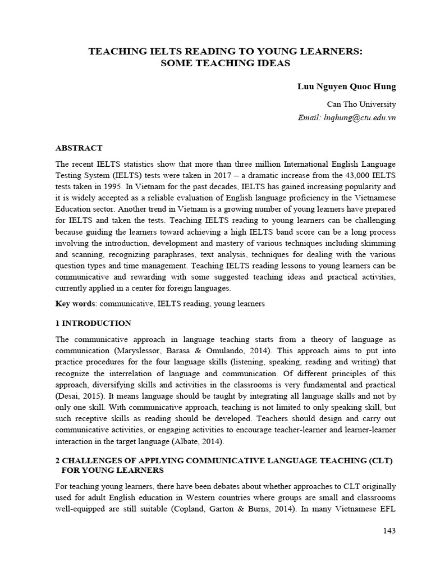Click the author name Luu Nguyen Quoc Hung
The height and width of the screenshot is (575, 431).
click(346, 86)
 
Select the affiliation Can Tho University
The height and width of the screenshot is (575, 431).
click(361, 104)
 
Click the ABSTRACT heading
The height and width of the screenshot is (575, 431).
click(79, 148)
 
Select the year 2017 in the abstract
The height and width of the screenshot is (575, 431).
click(212, 175)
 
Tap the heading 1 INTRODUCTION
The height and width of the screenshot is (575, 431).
click(93, 323)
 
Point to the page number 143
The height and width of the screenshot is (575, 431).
click(389, 531)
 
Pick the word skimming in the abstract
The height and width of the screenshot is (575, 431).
click(377, 243)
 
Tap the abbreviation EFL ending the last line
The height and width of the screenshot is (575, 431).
click(387, 509)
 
